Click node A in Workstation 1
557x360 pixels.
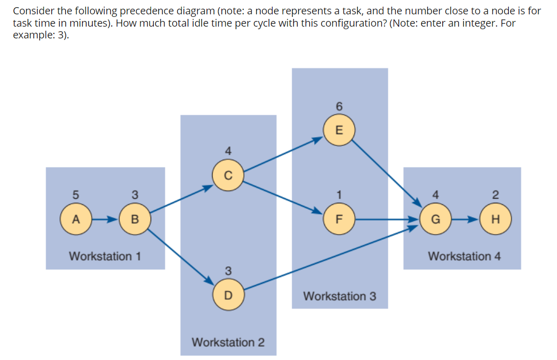(x=75, y=219)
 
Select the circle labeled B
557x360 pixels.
(x=134, y=219)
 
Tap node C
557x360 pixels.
(x=228, y=175)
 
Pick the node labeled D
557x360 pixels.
(x=228, y=295)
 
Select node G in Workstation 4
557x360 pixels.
(x=436, y=219)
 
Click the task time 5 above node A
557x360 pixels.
(x=75, y=195)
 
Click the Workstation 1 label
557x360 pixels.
(x=105, y=256)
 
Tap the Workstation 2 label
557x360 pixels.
(x=228, y=342)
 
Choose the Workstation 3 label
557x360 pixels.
(x=339, y=296)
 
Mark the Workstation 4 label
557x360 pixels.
(x=464, y=256)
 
